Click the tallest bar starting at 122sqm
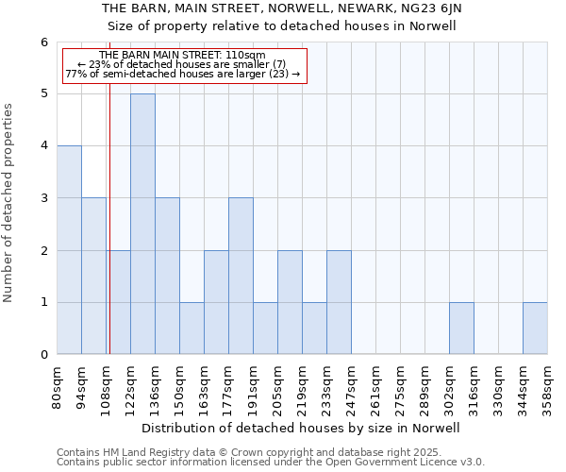pos(142,224)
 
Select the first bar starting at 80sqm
pos(69,250)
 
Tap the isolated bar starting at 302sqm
pos(461,329)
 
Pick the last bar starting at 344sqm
pos(535,329)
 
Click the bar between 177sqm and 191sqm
pos(241,276)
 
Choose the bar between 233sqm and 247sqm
pos(339,302)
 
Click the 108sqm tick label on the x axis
pos(107,385)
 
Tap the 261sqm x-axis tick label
pos(376,385)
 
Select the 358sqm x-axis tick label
pos(548,385)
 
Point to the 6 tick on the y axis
pos(43,42)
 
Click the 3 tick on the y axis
pos(43,198)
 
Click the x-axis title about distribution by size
pos(302,428)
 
